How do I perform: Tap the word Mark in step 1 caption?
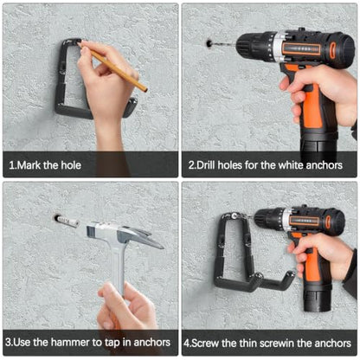click(x=29, y=165)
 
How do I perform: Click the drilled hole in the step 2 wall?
click(x=209, y=43)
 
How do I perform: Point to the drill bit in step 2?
click(x=224, y=44)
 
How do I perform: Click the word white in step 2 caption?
click(x=290, y=165)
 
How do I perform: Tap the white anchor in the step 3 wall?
click(x=67, y=221)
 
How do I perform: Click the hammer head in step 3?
click(x=124, y=234)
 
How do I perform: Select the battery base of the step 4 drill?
click(x=317, y=297)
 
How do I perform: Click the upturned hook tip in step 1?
click(x=132, y=106)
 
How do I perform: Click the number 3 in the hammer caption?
click(x=9, y=343)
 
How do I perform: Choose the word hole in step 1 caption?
click(x=71, y=165)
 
